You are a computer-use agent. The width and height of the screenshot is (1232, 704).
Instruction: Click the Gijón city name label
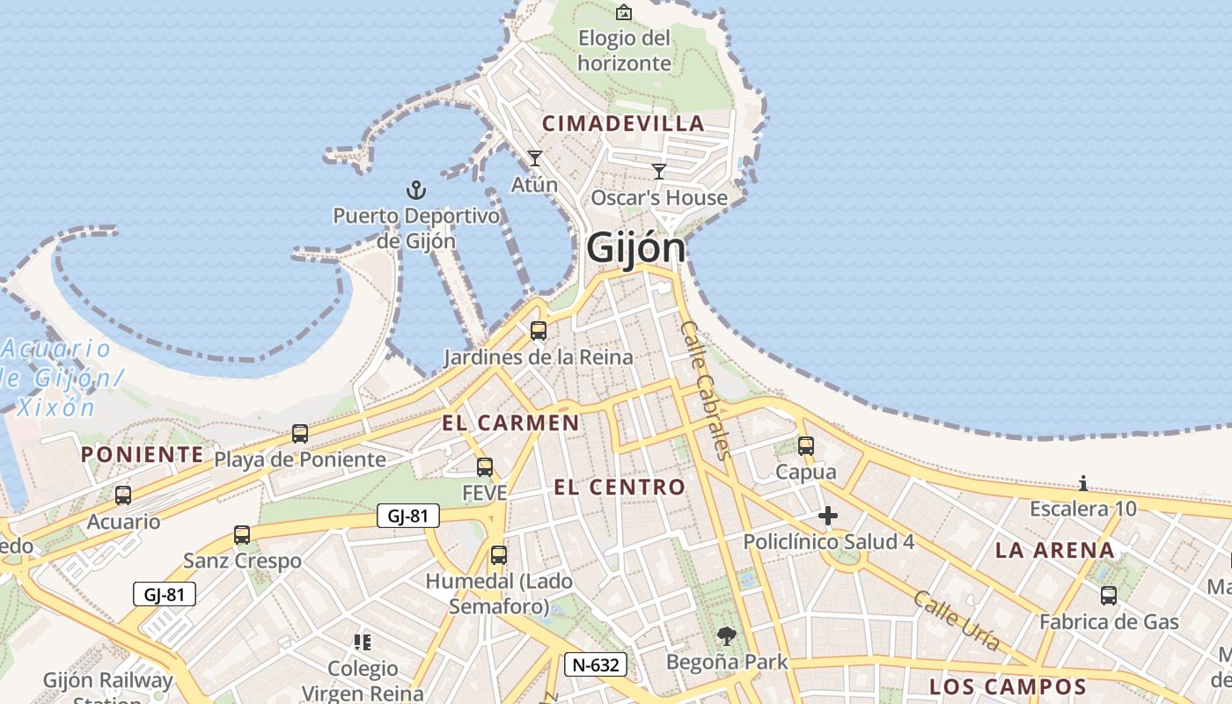(x=635, y=247)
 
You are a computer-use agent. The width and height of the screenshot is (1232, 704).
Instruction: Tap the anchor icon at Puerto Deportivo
(x=415, y=189)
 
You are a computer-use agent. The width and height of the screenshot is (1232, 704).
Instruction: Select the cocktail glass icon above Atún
(x=534, y=158)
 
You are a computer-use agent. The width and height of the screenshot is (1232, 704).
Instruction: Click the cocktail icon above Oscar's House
(x=659, y=172)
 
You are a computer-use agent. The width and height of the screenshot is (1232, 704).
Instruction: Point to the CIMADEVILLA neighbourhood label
(x=623, y=124)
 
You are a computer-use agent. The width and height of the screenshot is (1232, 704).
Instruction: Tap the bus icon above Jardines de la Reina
(x=539, y=331)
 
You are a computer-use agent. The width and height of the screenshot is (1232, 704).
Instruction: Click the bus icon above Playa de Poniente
(x=300, y=434)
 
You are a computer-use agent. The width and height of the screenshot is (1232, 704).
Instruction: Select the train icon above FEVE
(x=484, y=467)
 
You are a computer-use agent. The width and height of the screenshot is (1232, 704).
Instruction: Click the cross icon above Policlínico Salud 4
(x=828, y=516)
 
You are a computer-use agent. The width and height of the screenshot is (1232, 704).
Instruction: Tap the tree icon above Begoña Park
(x=727, y=635)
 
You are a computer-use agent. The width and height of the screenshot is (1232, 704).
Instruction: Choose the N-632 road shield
(x=596, y=664)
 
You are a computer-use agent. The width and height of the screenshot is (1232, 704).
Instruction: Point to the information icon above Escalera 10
(x=1083, y=483)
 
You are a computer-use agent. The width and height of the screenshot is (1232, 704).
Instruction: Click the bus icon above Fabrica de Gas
(x=1109, y=596)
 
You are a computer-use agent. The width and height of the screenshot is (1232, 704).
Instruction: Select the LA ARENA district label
(x=1054, y=551)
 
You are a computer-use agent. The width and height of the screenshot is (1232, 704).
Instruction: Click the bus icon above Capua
(x=806, y=446)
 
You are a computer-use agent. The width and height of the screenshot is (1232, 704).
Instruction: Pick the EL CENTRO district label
(x=620, y=487)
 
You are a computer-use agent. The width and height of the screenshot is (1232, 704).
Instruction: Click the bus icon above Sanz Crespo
(x=242, y=535)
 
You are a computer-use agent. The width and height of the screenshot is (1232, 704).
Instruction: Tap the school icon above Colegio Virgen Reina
(x=363, y=642)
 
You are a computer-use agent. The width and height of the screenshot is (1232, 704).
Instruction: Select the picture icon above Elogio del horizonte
(x=624, y=11)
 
